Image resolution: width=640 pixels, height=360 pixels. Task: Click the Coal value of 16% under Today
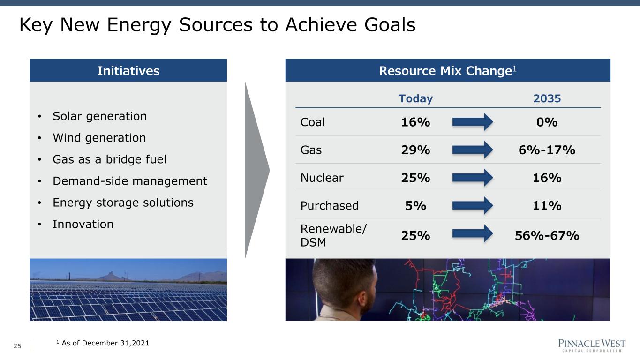coord(415,122)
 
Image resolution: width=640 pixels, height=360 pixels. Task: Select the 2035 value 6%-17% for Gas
coord(547,150)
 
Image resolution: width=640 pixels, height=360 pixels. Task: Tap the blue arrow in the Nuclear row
coord(473,178)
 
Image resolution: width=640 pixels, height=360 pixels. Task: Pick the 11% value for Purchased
coord(547,206)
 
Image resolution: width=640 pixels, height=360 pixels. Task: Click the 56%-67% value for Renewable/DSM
coord(547,236)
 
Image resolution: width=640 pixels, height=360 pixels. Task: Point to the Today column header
coord(415,98)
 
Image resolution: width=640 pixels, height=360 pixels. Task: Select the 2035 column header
coord(547,98)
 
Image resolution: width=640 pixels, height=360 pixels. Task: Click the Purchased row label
coord(330,206)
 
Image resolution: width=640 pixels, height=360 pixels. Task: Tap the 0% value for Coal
coord(547,122)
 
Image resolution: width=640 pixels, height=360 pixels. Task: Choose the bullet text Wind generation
coord(99,138)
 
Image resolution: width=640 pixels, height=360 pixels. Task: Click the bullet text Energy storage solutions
coord(123,202)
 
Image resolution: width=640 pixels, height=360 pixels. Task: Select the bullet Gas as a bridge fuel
coord(109,159)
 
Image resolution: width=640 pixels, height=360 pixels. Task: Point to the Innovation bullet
coord(83,224)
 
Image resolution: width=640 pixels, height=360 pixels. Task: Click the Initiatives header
coord(128,71)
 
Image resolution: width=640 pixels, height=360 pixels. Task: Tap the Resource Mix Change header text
coord(447,71)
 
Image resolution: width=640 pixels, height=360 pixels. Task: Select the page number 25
coord(17,346)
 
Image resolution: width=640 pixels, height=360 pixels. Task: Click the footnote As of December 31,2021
coord(103,343)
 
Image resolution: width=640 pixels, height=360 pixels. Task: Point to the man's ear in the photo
coord(362,299)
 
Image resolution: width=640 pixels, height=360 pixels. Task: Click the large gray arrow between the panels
coord(256,170)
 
